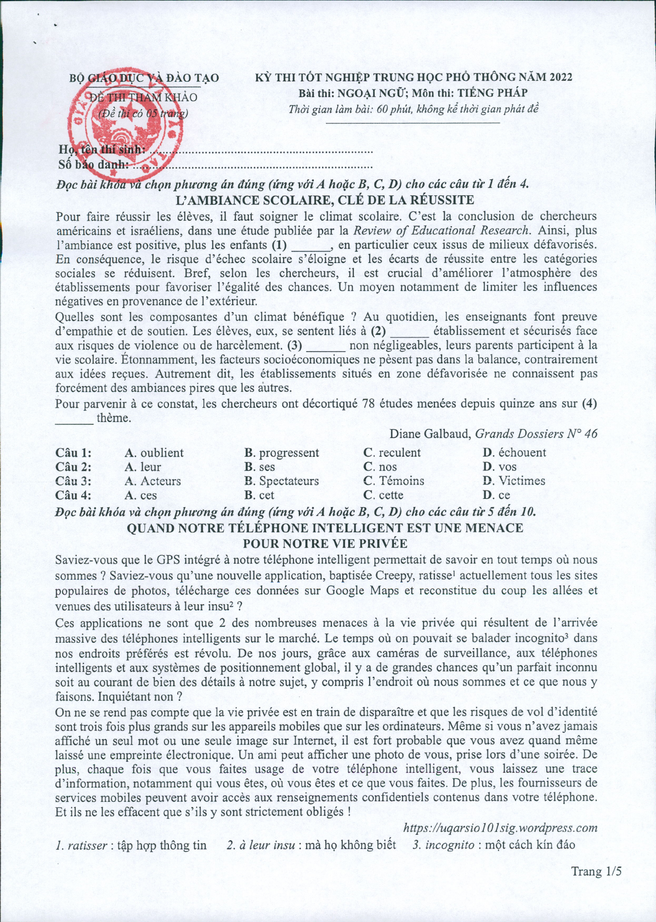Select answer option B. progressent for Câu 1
pos(281,453)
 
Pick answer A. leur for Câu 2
pos(143,467)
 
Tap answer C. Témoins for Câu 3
pos(393,481)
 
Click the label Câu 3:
pos(73,481)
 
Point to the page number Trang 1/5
pos(596,872)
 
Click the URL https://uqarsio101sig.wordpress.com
pos(500,828)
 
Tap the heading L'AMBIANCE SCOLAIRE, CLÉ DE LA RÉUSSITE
pos(324,200)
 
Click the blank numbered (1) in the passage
pos(310,245)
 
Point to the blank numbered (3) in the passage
pos(326,346)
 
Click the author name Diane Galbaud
pos(429,434)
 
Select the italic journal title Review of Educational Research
pos(442,231)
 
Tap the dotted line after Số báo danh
pos(252,165)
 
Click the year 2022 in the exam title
pos(560,77)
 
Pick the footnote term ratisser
pos(87,845)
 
